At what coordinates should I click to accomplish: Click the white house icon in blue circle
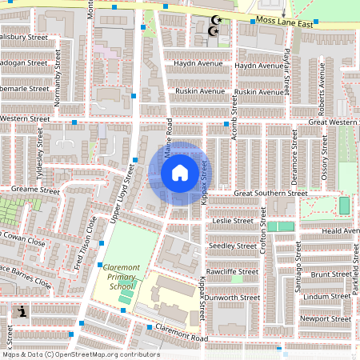click(x=179, y=172)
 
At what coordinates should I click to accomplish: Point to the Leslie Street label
click(x=233, y=220)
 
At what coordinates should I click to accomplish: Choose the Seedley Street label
click(x=233, y=246)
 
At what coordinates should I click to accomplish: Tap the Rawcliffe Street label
click(x=232, y=271)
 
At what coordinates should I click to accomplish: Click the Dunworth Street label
click(x=233, y=297)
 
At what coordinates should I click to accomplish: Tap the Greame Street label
click(x=35, y=191)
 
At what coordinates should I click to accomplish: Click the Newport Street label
click(x=324, y=318)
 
